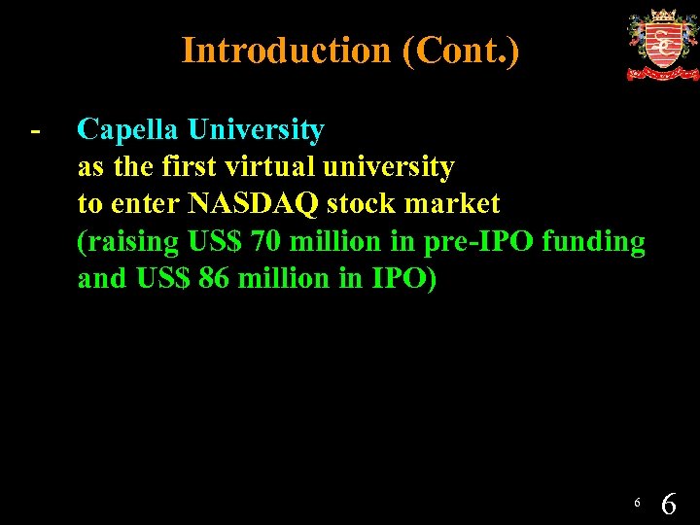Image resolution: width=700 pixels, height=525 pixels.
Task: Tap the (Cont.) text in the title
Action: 460,51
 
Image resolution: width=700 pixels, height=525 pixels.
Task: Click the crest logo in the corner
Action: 661,45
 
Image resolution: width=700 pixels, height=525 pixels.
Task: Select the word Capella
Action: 130,129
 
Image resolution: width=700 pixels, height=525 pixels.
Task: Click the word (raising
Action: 128,242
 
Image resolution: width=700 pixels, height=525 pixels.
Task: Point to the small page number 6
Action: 636,503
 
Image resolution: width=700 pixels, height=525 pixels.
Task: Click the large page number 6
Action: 669,503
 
